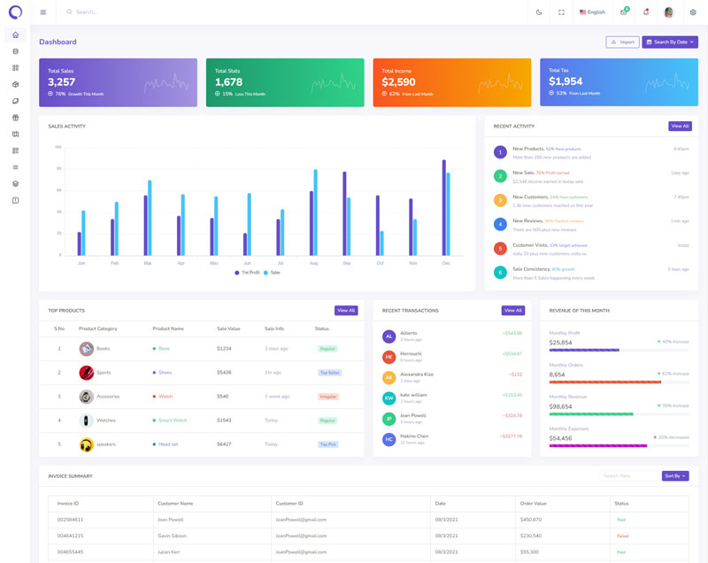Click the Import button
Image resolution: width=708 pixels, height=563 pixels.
pos(622,42)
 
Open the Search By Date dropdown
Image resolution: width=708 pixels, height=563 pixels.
pos(670,42)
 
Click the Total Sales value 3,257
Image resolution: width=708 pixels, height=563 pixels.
pos(62,82)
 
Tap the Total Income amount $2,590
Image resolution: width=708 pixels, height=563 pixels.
pos(398,82)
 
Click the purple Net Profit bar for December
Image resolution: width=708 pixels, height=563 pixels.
pos(443,208)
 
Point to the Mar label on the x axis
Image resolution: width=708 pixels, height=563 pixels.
pos(147,263)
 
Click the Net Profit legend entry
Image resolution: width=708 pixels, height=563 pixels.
pos(247,273)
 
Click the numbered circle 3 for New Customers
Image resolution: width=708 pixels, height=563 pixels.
pos(500,200)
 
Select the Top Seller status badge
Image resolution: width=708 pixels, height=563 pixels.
pos(329,373)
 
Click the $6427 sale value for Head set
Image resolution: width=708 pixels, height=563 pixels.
pos(224,444)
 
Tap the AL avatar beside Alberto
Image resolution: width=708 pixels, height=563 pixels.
pos(389,336)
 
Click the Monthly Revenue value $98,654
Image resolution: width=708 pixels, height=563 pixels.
pos(561,406)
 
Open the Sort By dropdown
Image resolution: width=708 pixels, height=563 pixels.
pos(675,476)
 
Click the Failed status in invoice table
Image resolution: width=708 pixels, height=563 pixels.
pos(622,536)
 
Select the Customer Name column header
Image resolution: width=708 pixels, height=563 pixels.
pos(174,504)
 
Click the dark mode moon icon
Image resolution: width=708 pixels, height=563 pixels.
pos(539,12)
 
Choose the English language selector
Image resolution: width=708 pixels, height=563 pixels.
pos(592,12)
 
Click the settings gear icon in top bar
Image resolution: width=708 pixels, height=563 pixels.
pos(693,12)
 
